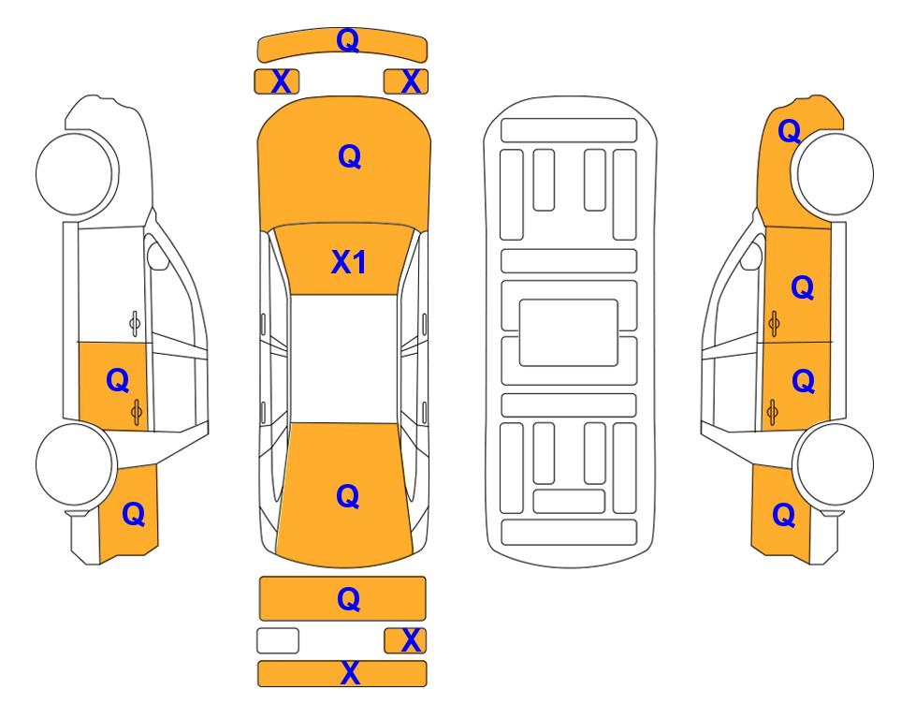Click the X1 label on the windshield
[x=348, y=262]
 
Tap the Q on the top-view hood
[x=349, y=156]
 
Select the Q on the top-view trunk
[x=348, y=496]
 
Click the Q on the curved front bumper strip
[x=348, y=40]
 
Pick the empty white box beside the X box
[x=278, y=640]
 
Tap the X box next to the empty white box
[x=405, y=640]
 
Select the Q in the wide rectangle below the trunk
[x=348, y=599]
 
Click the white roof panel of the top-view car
[x=343, y=359]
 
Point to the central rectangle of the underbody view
[x=568, y=332]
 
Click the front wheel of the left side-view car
[x=77, y=174]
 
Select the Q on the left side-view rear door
[x=118, y=381]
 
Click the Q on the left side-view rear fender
[x=133, y=514]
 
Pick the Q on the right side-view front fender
[x=790, y=131]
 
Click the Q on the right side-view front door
[x=803, y=287]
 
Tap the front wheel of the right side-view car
[x=833, y=174]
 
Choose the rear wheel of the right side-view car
[x=834, y=464]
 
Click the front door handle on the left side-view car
[x=135, y=324]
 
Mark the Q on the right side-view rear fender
[x=784, y=515]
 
